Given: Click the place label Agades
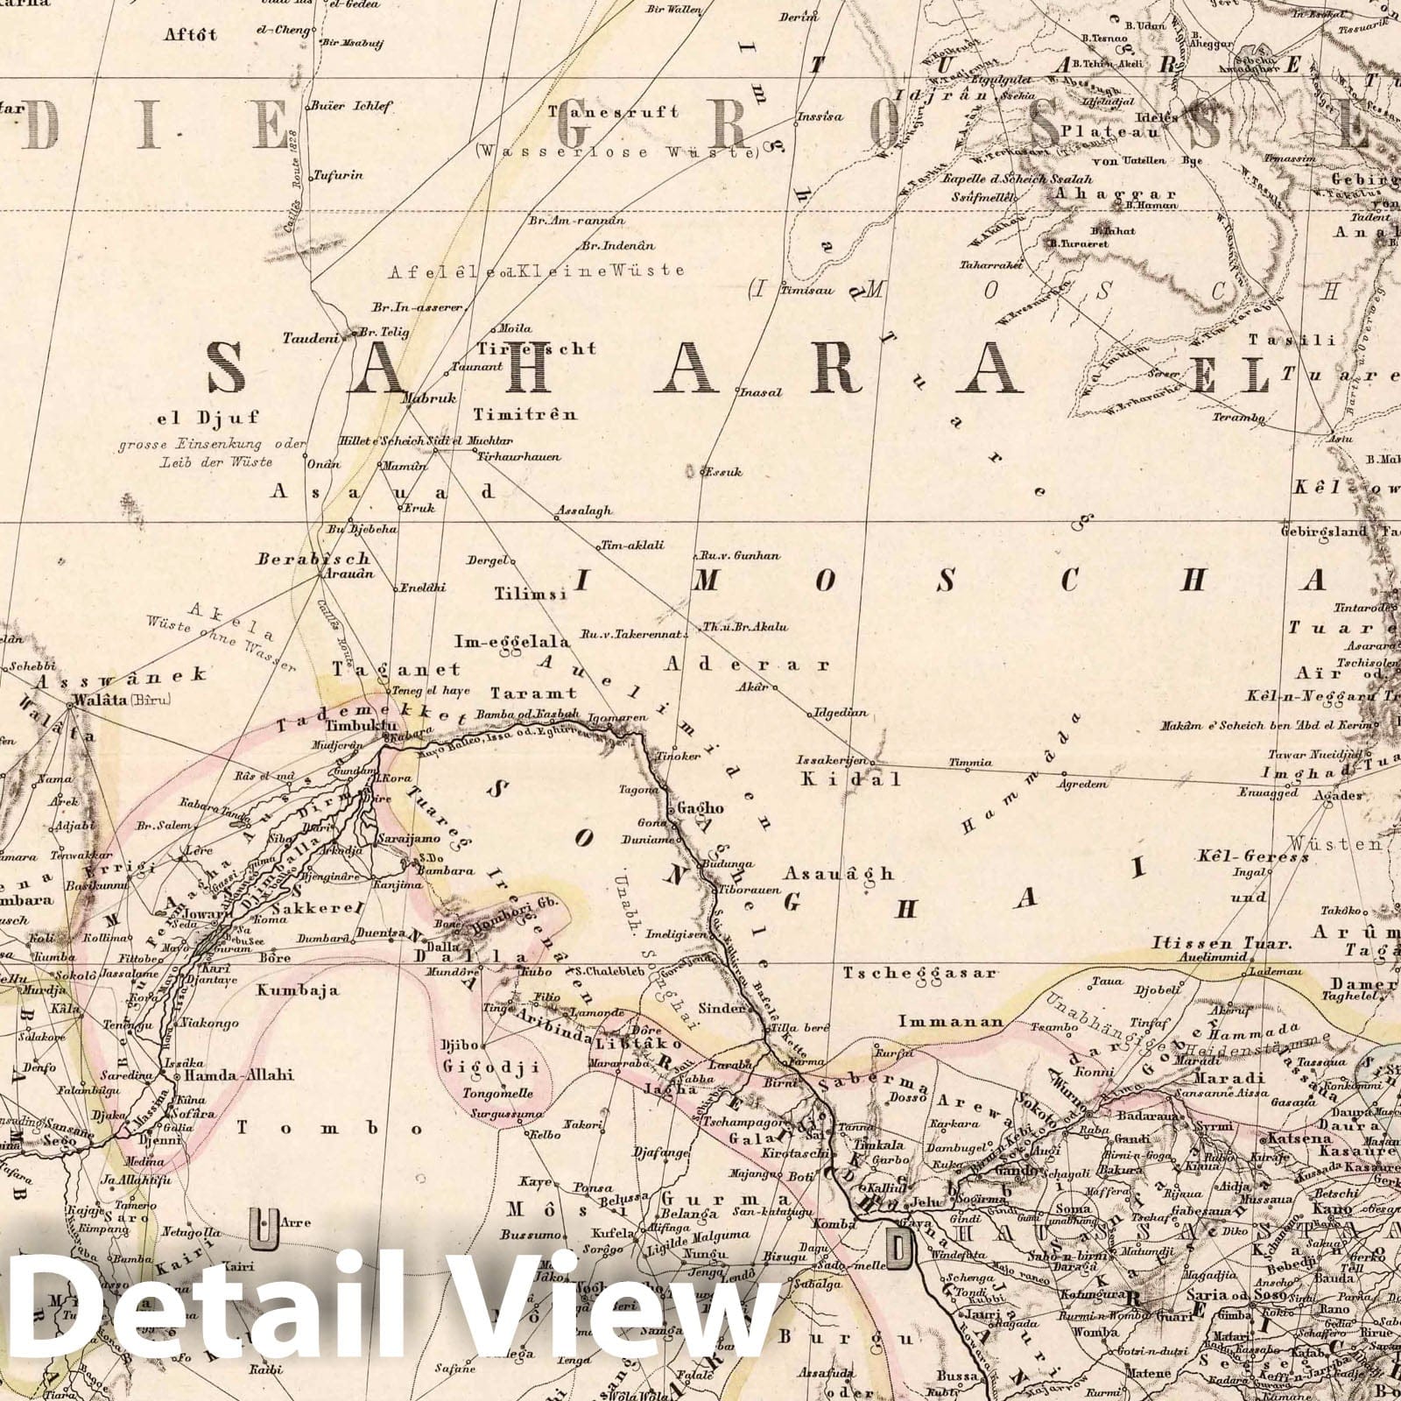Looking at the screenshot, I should [x=1338, y=795].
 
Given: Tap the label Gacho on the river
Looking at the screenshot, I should [x=700, y=808].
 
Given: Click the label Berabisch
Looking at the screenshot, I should [x=313, y=559].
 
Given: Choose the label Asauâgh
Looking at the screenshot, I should [x=839, y=873].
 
